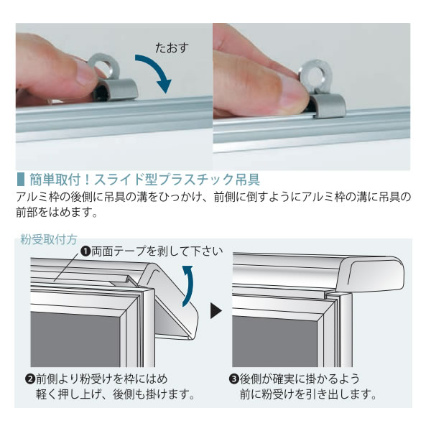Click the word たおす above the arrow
(x=172, y=48)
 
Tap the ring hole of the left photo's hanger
(x=106, y=68)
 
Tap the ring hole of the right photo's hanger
(x=315, y=75)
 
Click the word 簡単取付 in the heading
(x=55, y=180)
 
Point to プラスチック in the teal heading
(x=196, y=180)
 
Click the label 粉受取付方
(x=49, y=240)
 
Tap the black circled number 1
(x=86, y=251)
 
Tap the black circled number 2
(x=29, y=379)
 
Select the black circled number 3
(x=233, y=379)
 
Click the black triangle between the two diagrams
(x=215, y=311)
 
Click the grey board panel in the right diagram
(x=275, y=340)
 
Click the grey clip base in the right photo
(x=329, y=106)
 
